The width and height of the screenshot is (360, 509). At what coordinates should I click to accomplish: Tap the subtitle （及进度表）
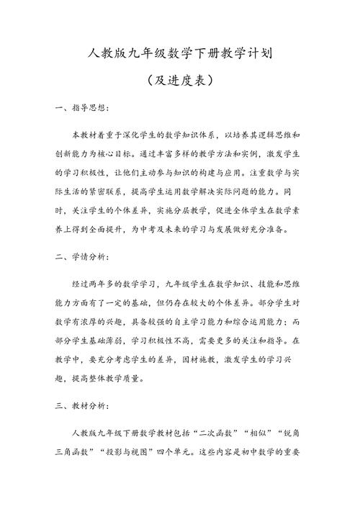coord(180,80)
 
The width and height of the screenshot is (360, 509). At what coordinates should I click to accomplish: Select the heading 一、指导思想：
coord(82,109)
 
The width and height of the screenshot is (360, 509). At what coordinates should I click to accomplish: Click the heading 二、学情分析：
coord(82,257)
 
